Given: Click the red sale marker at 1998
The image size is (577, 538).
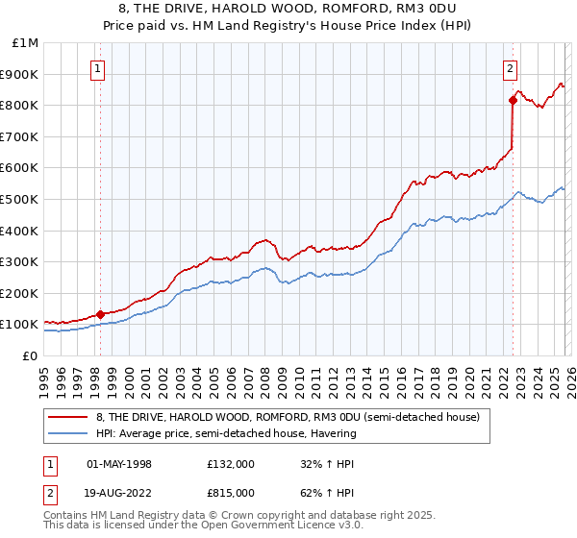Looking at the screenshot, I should tap(100, 314).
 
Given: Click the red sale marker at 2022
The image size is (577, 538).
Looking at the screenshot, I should tap(513, 100).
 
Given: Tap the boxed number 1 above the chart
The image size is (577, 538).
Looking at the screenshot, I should tap(99, 68).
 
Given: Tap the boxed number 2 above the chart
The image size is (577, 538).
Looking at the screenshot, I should tap(510, 68).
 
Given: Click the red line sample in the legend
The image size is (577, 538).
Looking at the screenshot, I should tap(68, 417).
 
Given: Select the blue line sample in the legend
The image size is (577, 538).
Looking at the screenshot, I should tap(68, 433).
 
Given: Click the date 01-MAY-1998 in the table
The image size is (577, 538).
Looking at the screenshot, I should tap(119, 464).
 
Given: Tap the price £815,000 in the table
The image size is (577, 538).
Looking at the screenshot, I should tap(230, 492).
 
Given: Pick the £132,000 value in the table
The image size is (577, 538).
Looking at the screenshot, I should tap(230, 464).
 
